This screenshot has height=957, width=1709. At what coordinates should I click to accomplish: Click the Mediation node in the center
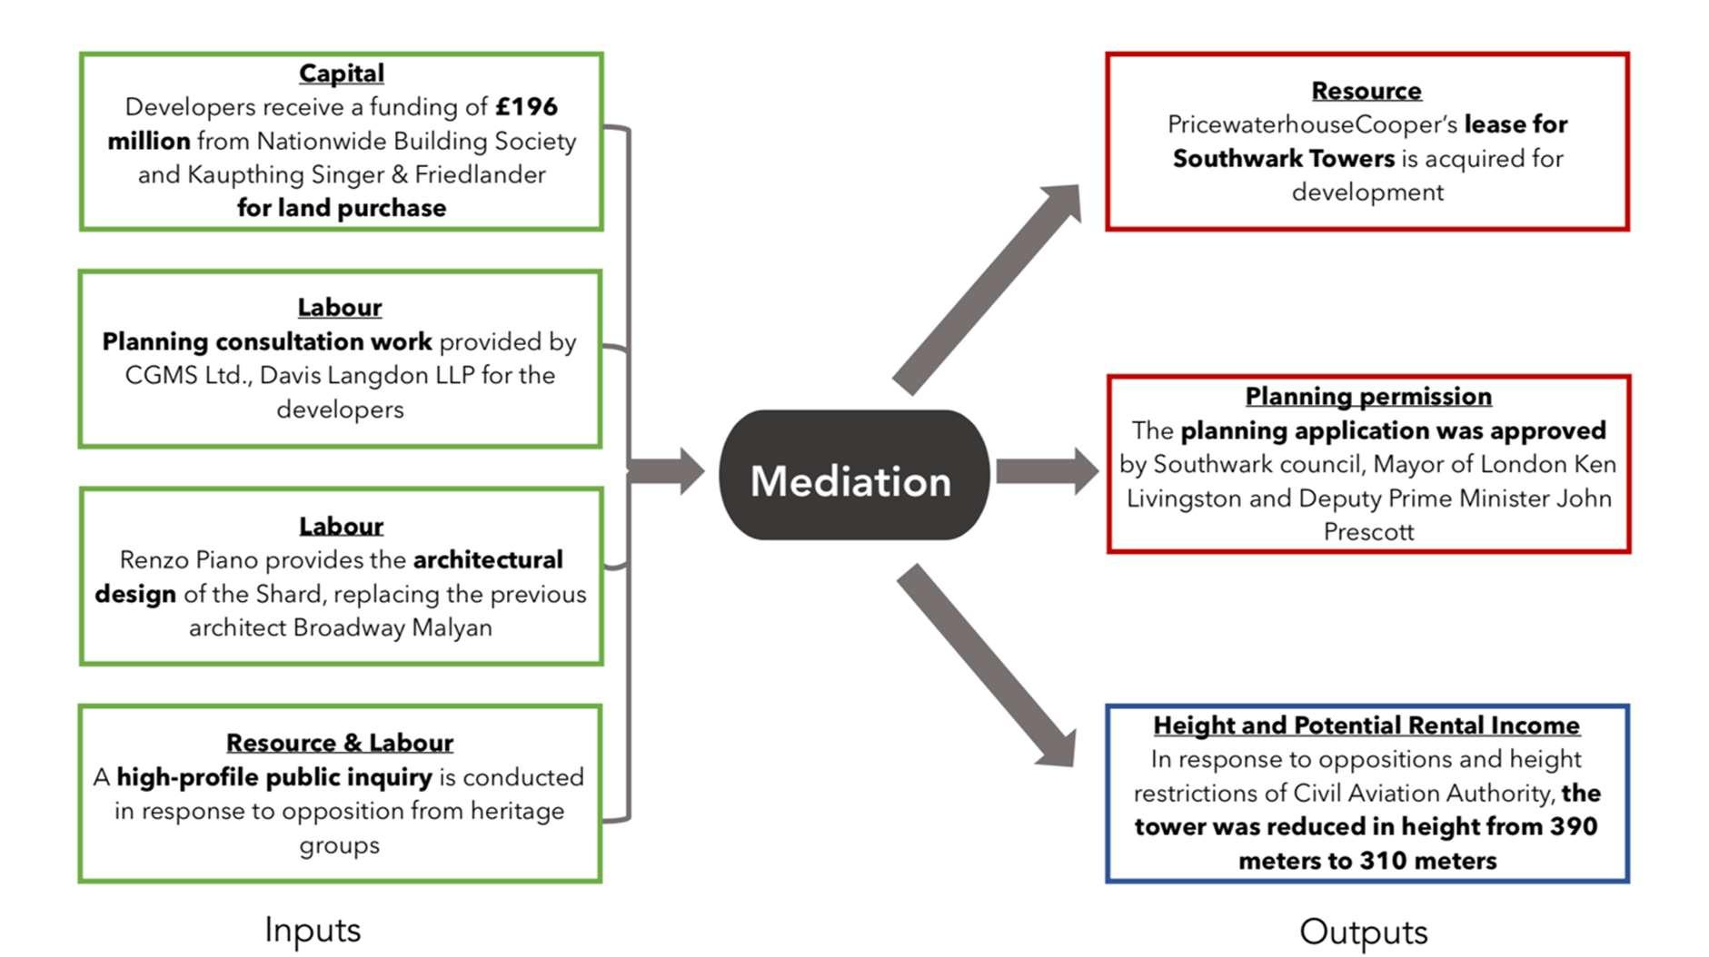pos(853,475)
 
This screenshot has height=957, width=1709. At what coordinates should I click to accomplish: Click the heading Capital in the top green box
pos(342,73)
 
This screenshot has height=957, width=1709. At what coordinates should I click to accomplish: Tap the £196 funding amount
pos(526,107)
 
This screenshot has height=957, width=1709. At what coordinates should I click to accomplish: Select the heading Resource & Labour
pos(340,743)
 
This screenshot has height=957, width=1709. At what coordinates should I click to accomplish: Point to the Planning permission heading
pos(1368,397)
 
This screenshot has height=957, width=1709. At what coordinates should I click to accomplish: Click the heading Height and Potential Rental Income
pos(1366,725)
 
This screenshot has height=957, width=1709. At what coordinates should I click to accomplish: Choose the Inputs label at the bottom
pos(313,930)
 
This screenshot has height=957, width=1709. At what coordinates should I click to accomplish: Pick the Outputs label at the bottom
pos(1364,932)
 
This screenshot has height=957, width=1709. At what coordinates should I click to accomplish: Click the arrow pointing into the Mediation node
pos(666,471)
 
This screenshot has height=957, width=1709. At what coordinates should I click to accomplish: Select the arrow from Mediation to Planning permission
pos(1048,471)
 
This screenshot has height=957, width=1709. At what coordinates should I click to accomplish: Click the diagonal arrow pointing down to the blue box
pos(987,666)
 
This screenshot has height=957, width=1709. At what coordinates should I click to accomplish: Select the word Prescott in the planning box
pos(1368,532)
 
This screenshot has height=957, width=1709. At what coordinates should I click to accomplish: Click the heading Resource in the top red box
pos(1366,91)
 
